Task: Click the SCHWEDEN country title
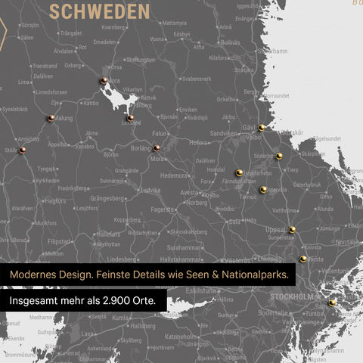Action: (99, 12)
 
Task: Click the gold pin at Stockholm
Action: (332, 302)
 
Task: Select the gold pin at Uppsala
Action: (292, 229)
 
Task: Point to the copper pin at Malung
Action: (51, 118)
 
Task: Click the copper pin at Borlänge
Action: (157, 148)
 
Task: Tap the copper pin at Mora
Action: (103, 80)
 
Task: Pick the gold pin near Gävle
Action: (261, 128)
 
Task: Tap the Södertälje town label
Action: (273, 312)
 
